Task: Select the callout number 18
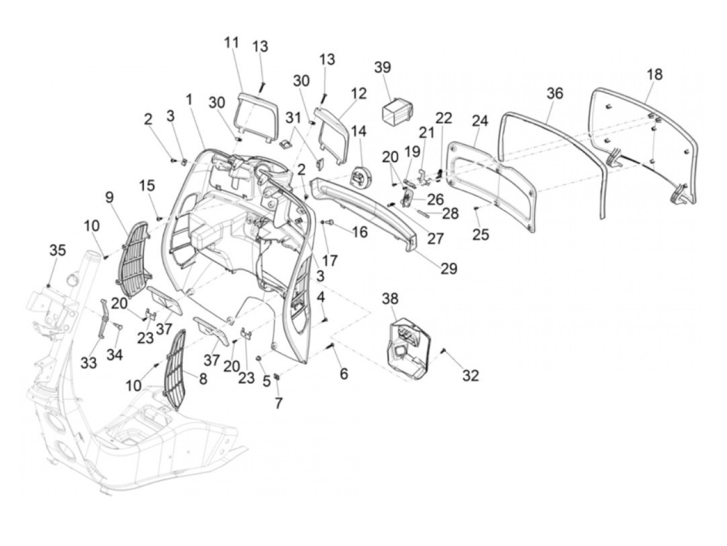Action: point(654,74)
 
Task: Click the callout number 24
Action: point(480,121)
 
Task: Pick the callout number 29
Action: point(449,268)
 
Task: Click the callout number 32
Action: point(470,375)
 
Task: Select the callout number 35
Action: point(58,250)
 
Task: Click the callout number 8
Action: point(203,379)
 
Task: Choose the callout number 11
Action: point(232,43)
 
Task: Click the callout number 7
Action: point(278,403)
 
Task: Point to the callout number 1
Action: point(190,99)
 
